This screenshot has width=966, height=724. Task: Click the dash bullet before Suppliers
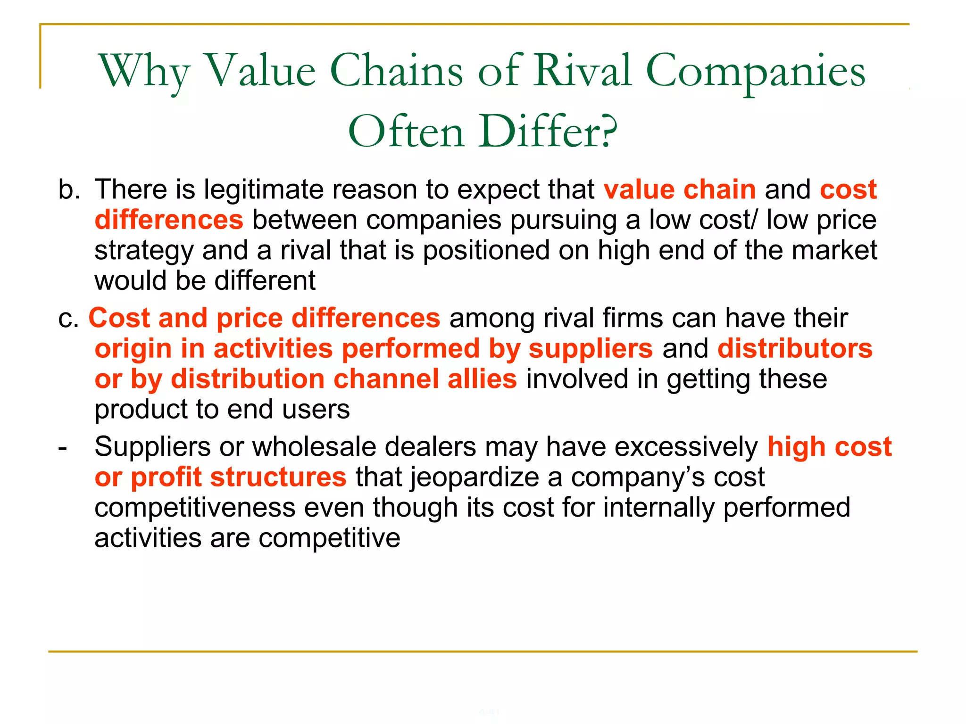(62, 447)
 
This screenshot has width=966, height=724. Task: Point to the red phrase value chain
(679, 189)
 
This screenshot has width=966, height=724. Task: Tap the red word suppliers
(591, 349)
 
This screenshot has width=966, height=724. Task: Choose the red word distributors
(795, 349)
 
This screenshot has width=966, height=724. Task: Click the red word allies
(482, 379)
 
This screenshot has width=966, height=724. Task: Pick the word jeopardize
(475, 477)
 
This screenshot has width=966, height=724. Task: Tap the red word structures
(278, 477)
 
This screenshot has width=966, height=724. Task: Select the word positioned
(486, 250)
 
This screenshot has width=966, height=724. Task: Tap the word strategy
(144, 251)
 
